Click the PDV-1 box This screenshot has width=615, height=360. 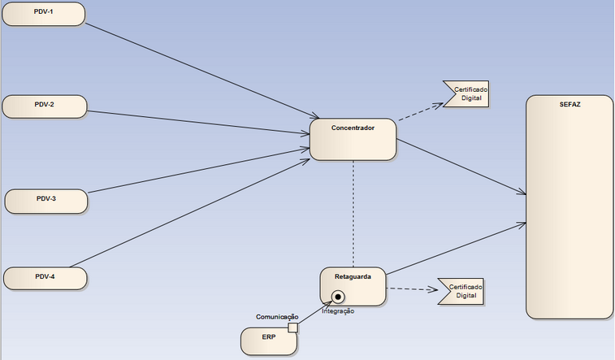tap(43, 14)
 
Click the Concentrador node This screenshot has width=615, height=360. tap(353, 139)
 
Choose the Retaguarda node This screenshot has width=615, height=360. tap(353, 285)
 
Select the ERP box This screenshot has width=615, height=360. tap(268, 340)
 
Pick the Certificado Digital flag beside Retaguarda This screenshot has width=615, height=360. tap(461, 291)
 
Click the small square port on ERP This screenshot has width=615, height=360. tap(293, 327)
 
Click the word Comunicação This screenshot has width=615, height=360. tap(278, 316)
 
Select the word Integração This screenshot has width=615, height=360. tap(338, 310)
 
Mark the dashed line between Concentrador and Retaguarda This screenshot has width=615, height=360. tap(353, 211)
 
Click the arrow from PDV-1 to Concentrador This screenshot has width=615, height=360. tap(203, 70)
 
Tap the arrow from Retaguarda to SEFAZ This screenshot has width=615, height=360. tap(455, 249)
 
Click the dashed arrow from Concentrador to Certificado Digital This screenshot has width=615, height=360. tap(418, 112)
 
